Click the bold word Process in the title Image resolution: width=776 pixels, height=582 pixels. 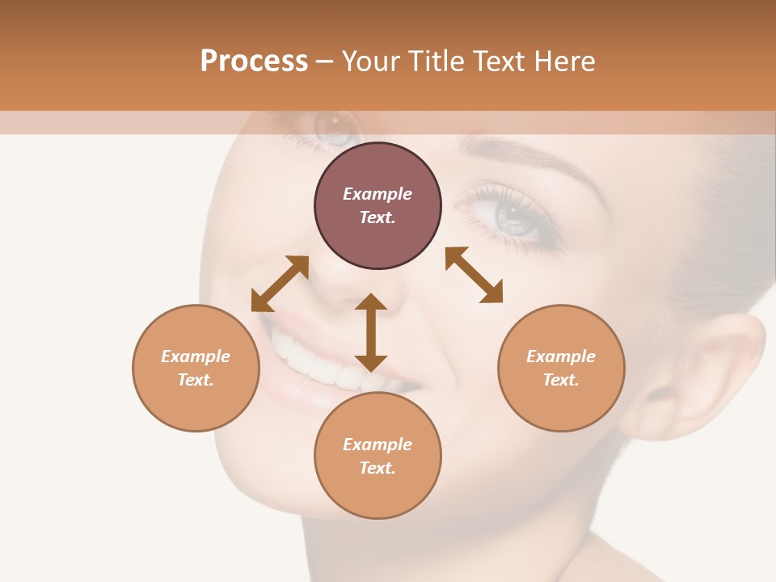(x=254, y=61)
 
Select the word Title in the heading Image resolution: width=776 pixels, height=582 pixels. (x=434, y=61)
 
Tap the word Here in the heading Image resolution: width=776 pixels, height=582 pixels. (x=564, y=61)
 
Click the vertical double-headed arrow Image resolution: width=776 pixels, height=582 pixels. (x=371, y=332)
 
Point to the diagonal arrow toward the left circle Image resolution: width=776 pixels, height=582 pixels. (x=280, y=283)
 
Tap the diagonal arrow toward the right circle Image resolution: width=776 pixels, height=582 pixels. (x=474, y=275)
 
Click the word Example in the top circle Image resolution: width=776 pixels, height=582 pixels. (x=377, y=194)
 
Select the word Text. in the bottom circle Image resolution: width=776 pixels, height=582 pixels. (x=377, y=468)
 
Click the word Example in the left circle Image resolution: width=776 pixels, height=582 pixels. (x=196, y=356)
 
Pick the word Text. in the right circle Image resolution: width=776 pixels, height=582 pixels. (x=561, y=380)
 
